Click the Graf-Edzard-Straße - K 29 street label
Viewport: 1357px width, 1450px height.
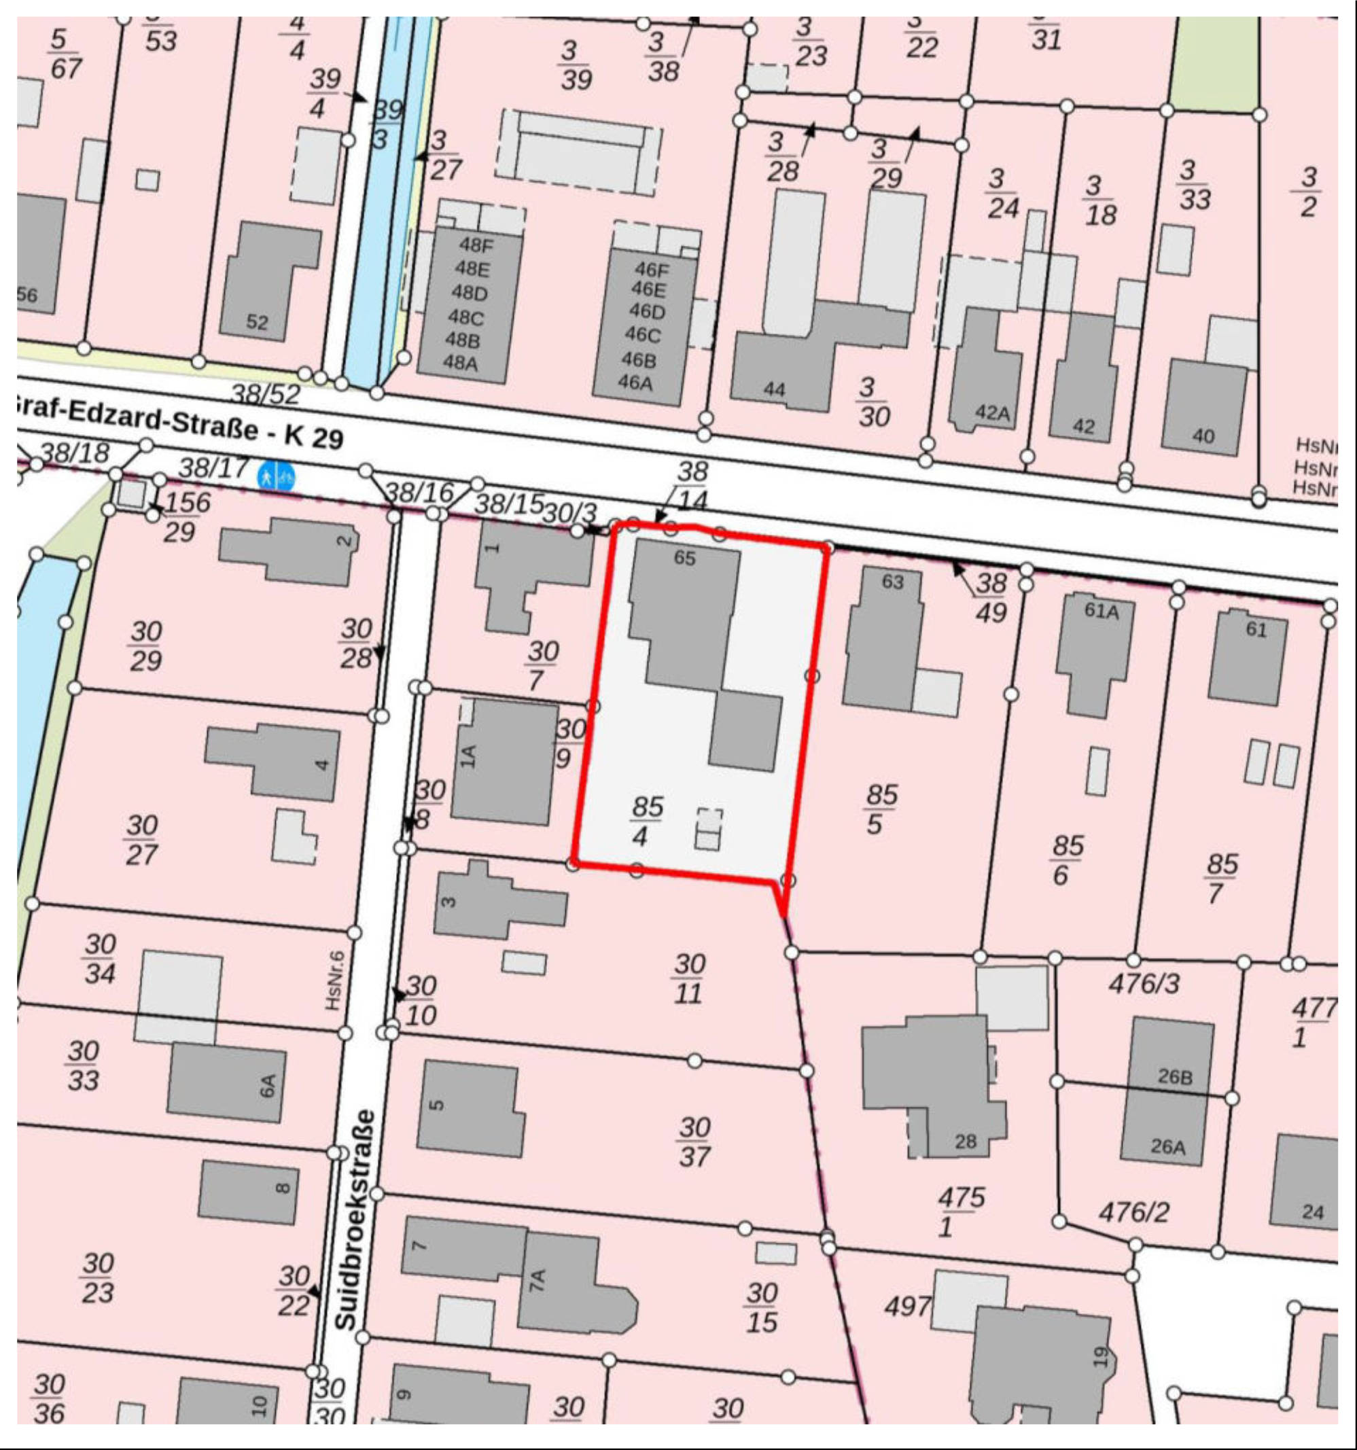[x=179, y=423]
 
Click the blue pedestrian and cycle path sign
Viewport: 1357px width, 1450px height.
[x=277, y=478]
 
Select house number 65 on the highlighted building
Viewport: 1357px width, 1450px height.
[x=684, y=558]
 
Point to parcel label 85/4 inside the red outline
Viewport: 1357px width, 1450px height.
[x=645, y=821]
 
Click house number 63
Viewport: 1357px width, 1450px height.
[x=892, y=582]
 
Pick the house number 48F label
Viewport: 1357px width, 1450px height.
[x=476, y=246]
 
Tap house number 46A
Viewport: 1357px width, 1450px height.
[x=635, y=382]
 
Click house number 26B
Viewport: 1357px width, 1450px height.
[x=1175, y=1076]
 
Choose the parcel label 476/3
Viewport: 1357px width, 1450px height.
[x=1143, y=984]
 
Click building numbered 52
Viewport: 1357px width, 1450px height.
[x=257, y=321]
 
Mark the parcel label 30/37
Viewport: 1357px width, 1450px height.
[x=693, y=1142]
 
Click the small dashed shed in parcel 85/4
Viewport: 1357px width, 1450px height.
[x=709, y=830]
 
